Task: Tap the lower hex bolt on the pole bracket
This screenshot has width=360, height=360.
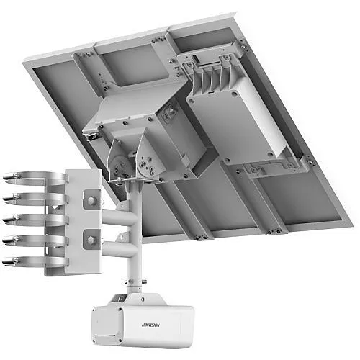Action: pos(91,235)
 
